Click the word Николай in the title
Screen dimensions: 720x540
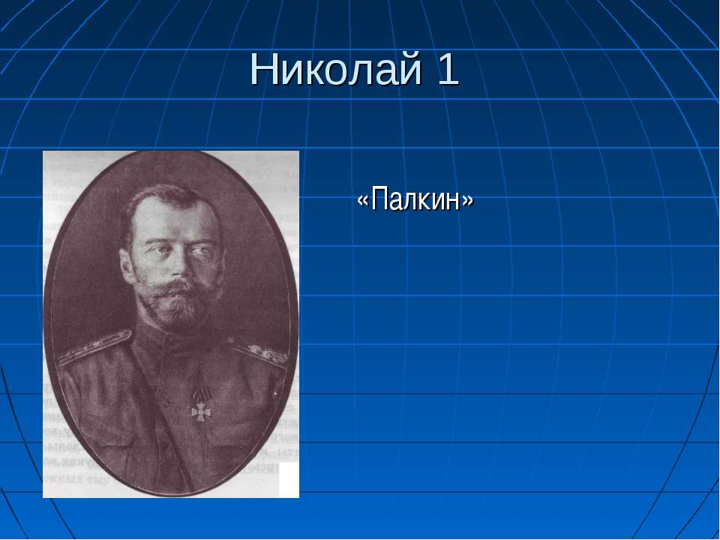coord(336,69)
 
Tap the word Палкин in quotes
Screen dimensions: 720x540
coord(415,199)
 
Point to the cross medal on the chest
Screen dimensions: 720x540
coord(201,412)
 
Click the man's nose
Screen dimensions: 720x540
coord(178,266)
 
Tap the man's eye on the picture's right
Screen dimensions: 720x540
coord(198,251)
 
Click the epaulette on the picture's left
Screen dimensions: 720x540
coord(95,347)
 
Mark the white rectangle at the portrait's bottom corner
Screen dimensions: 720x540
coord(289,479)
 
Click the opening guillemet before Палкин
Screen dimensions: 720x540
coord(363,201)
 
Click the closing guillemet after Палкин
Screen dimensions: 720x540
coord(467,201)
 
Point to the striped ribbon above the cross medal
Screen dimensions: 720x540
coord(202,393)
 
